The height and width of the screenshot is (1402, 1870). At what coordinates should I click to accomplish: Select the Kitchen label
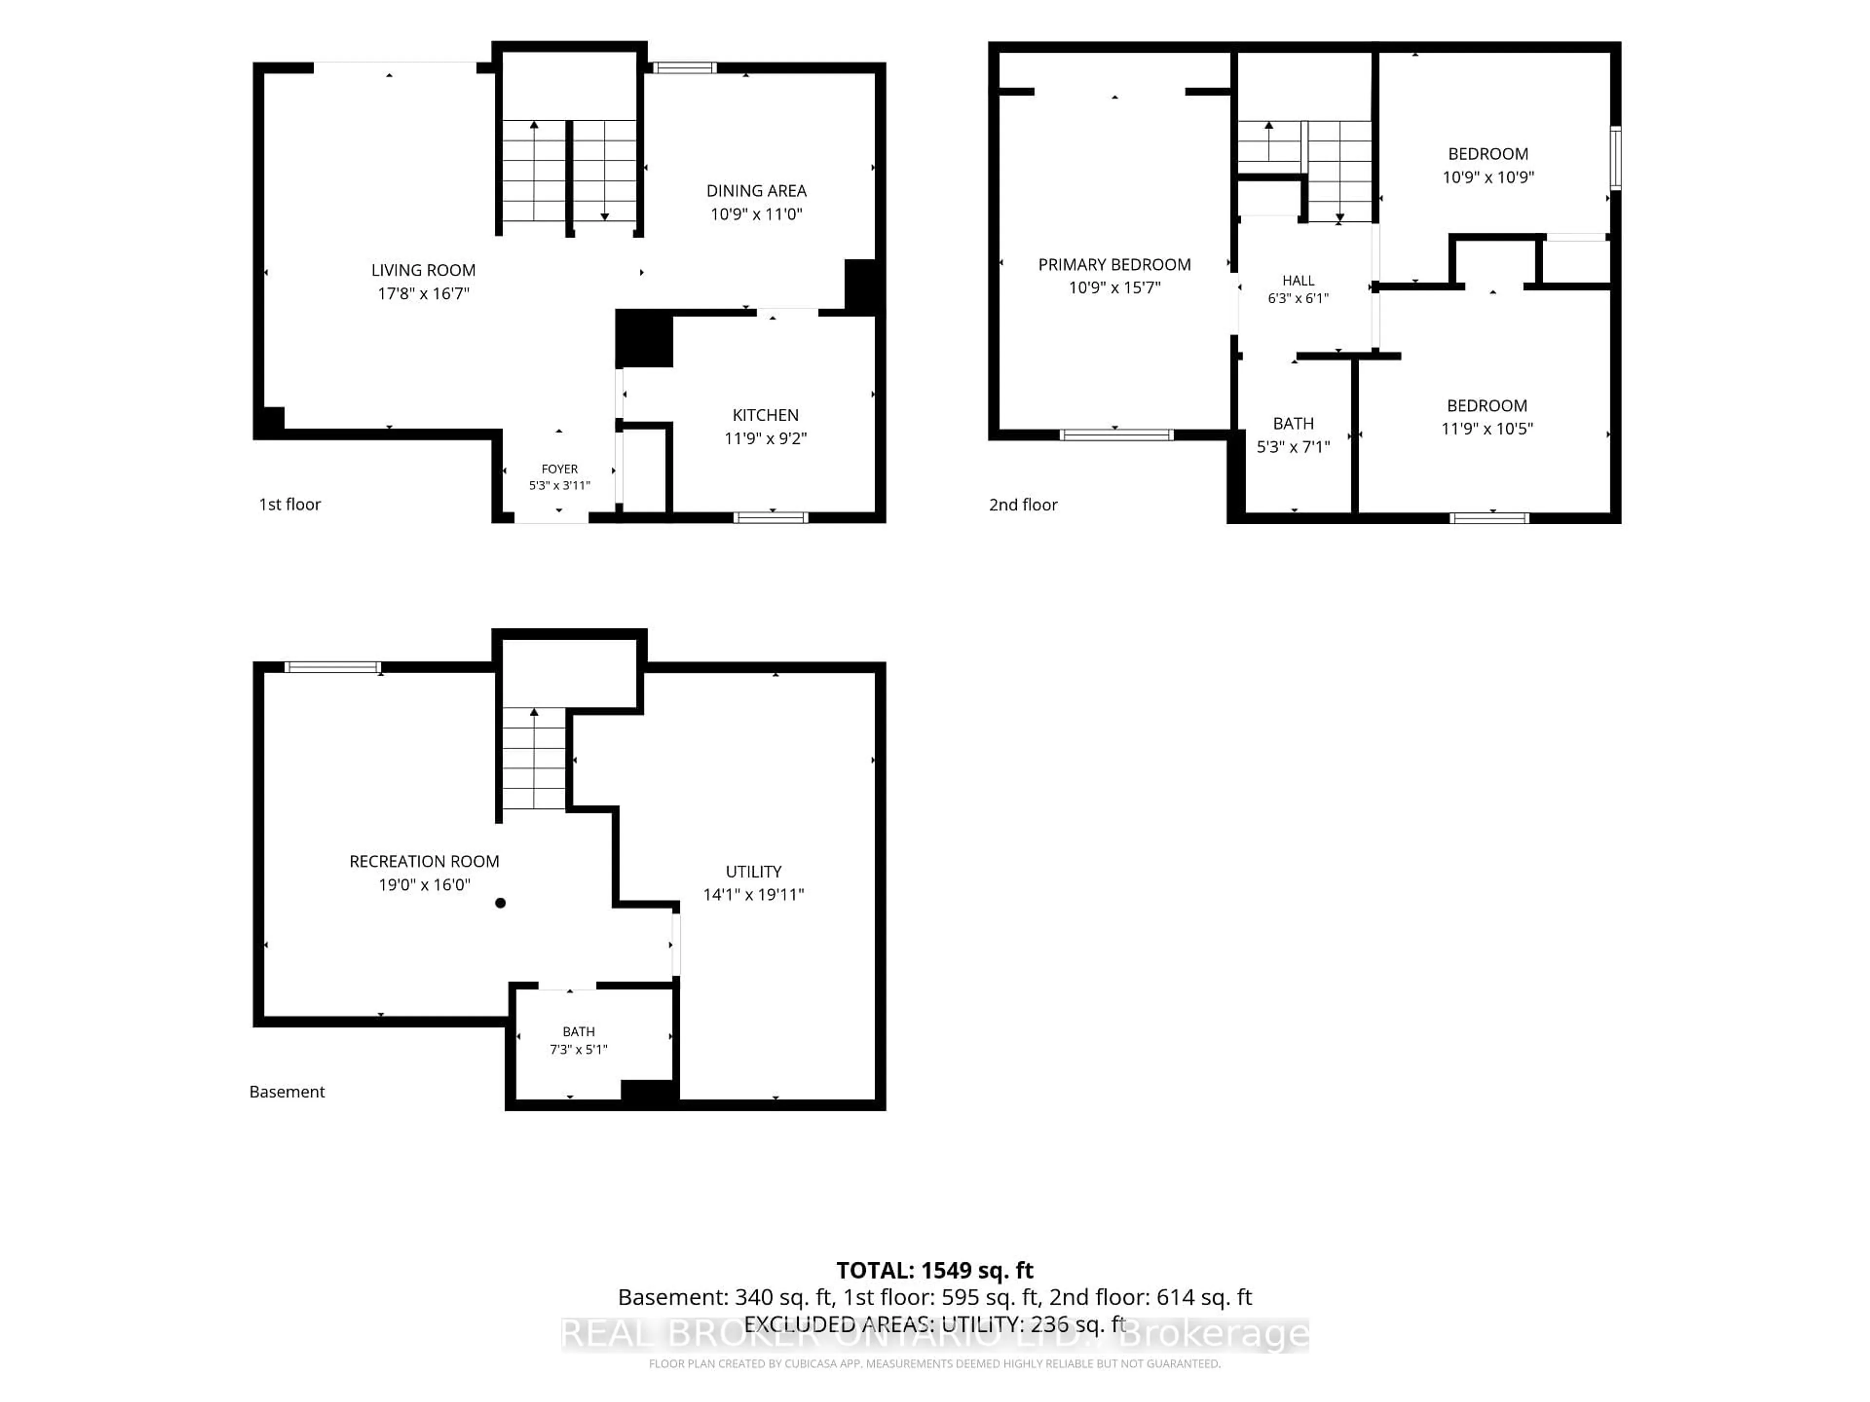click(x=765, y=415)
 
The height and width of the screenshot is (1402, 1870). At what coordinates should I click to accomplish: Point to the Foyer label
click(x=560, y=469)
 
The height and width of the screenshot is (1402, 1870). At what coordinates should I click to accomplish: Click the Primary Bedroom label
click(x=1114, y=264)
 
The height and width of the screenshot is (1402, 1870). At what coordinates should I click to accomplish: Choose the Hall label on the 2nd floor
click(x=1298, y=280)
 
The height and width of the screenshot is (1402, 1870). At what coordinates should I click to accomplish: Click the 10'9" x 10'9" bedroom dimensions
click(x=1488, y=177)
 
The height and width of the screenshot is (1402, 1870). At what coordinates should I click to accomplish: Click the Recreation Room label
click(x=424, y=861)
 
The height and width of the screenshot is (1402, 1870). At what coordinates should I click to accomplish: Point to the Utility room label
click(x=753, y=871)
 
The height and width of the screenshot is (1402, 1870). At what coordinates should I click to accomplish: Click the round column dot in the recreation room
click(x=501, y=903)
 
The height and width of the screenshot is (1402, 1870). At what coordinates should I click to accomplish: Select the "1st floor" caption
click(x=290, y=504)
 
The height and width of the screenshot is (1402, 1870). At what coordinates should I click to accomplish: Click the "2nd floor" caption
click(x=1023, y=504)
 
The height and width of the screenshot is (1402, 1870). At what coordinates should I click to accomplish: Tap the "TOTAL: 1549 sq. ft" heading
click(x=935, y=1270)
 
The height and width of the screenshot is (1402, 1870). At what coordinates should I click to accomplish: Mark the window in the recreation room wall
click(x=332, y=667)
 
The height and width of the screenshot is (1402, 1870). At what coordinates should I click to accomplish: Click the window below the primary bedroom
click(x=1116, y=435)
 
